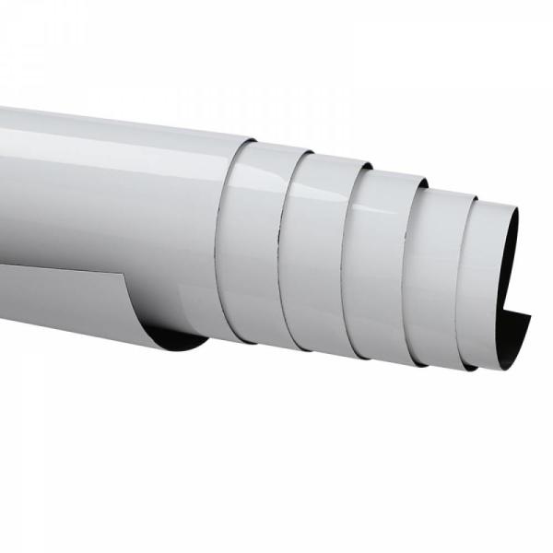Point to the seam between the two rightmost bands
pyautogui.click(x=465, y=276)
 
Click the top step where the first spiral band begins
pyautogui.click(x=251, y=142)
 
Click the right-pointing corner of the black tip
pyautogui.click(x=532, y=314)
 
